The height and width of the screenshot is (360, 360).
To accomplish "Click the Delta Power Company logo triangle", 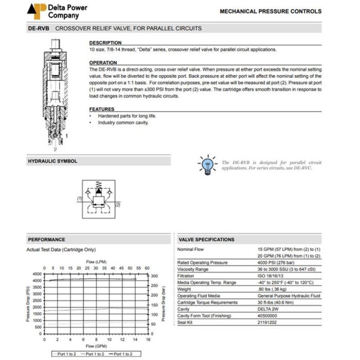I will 37,10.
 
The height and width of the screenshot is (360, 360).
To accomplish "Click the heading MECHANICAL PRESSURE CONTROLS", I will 270,11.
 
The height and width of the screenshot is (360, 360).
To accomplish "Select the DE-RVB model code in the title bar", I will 38,28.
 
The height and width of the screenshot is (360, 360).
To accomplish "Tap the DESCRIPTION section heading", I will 105,43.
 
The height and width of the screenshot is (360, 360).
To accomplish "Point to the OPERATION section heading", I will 103,63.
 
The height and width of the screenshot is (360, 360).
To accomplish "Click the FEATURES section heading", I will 102,109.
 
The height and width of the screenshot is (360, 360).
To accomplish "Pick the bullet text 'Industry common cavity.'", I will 123,122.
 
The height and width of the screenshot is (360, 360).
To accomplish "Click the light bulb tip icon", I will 207,165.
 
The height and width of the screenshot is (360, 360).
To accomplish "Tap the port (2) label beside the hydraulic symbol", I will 118,204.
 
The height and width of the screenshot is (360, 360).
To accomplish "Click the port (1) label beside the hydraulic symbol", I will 80,198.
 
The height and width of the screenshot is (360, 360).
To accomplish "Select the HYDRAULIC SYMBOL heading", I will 53,161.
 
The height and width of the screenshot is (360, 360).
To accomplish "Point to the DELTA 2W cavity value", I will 267,309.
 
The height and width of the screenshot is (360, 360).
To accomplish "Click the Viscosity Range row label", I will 193,269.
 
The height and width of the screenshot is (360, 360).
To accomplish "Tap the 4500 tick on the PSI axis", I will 38,274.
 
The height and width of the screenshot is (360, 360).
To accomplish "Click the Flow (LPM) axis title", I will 96,262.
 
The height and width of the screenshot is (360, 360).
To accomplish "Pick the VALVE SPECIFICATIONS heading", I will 206,240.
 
